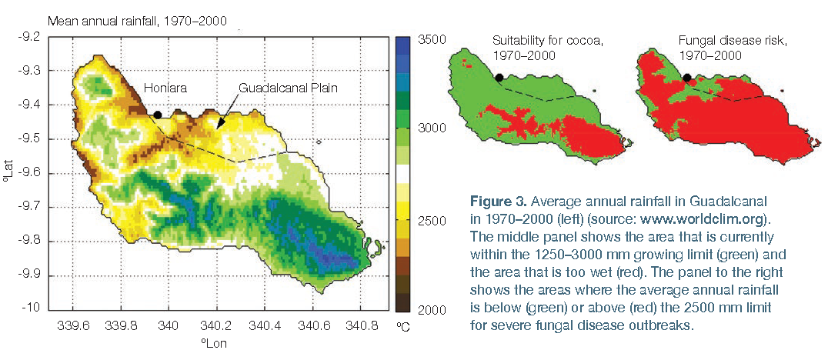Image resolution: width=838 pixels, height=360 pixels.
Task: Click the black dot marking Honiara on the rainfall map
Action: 157,115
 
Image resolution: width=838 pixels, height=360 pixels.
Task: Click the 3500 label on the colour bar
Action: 426,40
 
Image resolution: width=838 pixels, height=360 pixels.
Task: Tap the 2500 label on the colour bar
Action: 426,220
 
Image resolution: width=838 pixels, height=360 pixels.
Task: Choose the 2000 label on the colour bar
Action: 426,310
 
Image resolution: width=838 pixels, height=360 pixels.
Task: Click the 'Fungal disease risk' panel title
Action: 726,41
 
